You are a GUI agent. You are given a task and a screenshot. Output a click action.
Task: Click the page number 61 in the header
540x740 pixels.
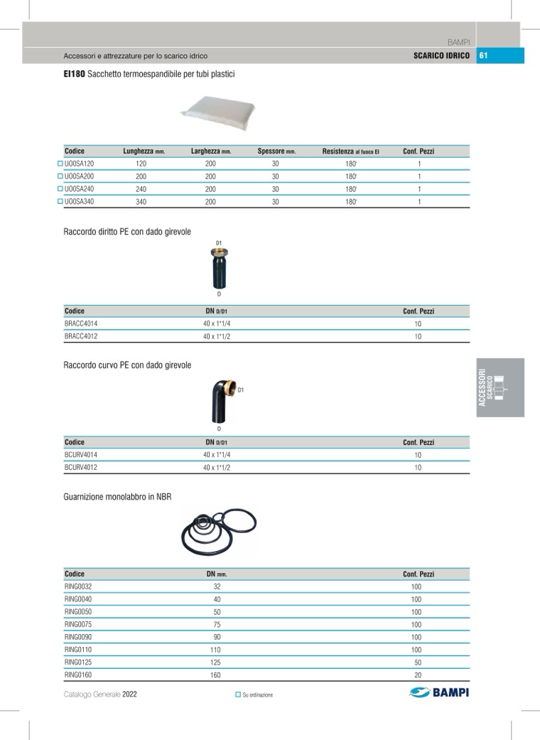[x=482, y=55]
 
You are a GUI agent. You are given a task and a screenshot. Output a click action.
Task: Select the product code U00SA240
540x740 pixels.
[x=79, y=189]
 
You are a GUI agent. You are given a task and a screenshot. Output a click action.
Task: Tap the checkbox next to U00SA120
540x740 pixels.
[x=60, y=163]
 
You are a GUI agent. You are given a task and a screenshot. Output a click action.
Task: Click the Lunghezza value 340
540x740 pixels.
[x=141, y=202]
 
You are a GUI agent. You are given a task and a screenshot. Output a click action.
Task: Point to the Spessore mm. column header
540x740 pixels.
[x=276, y=151]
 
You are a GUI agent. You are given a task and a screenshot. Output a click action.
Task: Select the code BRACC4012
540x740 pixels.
[x=81, y=336]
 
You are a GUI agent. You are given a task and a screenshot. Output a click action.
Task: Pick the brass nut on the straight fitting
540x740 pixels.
[x=219, y=253]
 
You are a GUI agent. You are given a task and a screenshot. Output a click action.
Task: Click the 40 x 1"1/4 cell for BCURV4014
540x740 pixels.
[x=217, y=455]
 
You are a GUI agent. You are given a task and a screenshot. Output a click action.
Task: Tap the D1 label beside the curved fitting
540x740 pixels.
[x=241, y=390]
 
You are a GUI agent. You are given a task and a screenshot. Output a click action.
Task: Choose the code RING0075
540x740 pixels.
[x=78, y=624]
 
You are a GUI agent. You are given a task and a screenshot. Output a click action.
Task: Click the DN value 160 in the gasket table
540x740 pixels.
[x=215, y=675]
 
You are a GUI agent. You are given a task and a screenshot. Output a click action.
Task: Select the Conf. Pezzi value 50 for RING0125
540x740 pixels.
[x=417, y=662]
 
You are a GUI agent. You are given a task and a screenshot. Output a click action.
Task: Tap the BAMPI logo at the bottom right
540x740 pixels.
[x=440, y=693]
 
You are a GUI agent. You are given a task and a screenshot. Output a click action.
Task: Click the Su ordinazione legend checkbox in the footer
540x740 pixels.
[x=238, y=695]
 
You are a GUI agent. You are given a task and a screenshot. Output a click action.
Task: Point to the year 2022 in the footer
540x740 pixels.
[x=129, y=695]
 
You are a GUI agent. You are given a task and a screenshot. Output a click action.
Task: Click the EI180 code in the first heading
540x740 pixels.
[x=74, y=74]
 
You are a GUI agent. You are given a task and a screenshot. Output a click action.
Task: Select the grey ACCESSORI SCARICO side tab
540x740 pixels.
[x=499, y=387]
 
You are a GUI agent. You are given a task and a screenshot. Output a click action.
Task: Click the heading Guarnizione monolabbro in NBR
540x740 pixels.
[x=117, y=498]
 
